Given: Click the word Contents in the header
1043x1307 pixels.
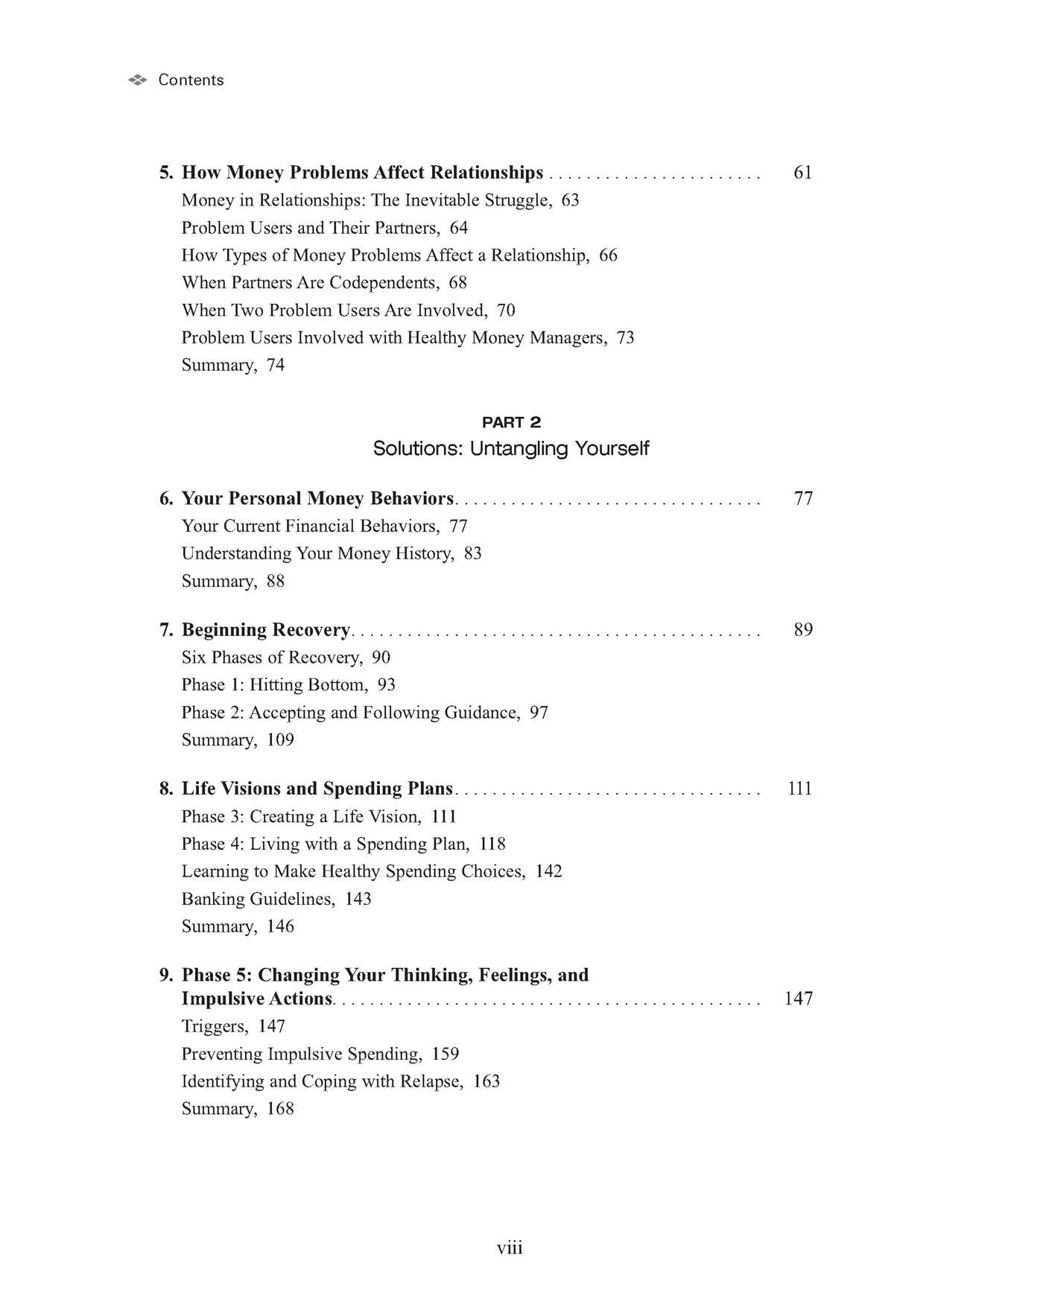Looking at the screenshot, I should pyautogui.click(x=191, y=80).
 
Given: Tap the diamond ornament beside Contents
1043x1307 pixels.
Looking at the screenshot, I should pyautogui.click(x=137, y=80).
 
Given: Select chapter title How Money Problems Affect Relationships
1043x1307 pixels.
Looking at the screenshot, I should pyautogui.click(x=362, y=173).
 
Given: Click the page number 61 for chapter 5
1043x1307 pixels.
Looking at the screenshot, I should pyautogui.click(x=802, y=173).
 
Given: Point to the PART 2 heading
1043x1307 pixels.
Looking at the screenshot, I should pyautogui.click(x=511, y=422).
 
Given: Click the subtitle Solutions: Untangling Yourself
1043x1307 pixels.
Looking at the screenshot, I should pyautogui.click(x=511, y=448).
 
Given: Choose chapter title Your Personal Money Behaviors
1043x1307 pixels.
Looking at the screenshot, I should pyautogui.click(x=318, y=498).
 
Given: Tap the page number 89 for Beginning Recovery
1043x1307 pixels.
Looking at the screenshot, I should pyautogui.click(x=803, y=630).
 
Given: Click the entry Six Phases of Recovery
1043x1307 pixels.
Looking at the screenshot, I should pyautogui.click(x=272, y=658).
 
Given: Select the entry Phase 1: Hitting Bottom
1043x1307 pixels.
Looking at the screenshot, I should pyautogui.click(x=274, y=685).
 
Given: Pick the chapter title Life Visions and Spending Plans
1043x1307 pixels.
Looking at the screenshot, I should pyautogui.click(x=317, y=789).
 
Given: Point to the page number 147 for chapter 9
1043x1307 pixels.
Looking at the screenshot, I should pyautogui.click(x=798, y=999).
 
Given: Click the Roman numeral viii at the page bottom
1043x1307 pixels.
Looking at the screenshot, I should pyautogui.click(x=510, y=1247).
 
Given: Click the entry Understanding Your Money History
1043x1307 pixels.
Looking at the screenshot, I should pyautogui.click(x=317, y=553).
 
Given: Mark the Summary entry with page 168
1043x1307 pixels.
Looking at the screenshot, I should pyautogui.click(x=238, y=1109).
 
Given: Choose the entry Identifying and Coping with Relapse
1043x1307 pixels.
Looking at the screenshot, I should pyautogui.click(x=323, y=1081).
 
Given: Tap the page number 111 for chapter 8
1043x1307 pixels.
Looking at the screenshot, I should pyautogui.click(x=799, y=789).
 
